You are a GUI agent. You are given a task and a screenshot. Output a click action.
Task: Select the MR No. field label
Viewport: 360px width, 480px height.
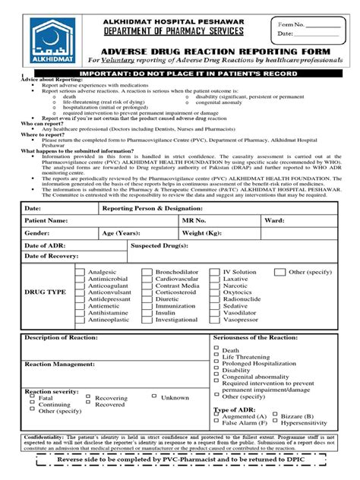point(194,219)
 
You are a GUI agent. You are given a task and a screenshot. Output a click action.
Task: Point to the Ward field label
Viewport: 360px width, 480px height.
point(274,219)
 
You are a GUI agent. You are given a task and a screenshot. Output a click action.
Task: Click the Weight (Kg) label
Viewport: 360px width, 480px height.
point(204,232)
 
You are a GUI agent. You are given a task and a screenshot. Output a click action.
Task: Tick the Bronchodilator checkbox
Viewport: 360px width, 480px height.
point(147,272)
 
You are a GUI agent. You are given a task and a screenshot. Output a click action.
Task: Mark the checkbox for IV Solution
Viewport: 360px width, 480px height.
point(215,272)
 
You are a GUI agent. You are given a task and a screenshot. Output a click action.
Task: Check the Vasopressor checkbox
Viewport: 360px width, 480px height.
point(215,321)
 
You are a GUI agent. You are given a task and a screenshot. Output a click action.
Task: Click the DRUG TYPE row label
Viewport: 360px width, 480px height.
point(46,292)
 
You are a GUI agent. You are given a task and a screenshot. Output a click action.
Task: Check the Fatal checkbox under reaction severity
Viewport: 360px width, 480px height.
point(33,398)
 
